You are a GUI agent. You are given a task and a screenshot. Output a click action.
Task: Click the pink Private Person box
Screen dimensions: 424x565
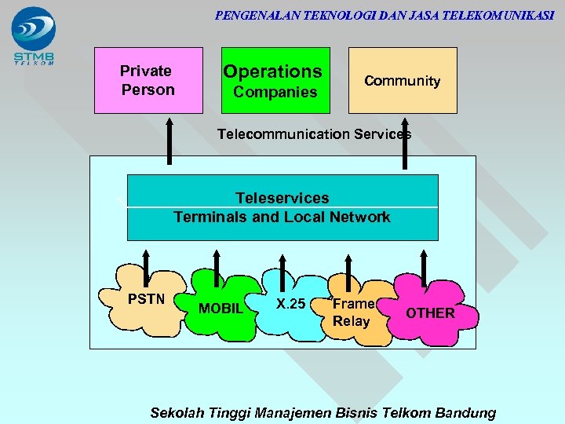(148, 80)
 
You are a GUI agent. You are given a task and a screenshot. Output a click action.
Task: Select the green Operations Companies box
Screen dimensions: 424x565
(272, 80)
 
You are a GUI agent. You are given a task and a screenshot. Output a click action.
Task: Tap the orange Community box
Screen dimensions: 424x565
(402, 80)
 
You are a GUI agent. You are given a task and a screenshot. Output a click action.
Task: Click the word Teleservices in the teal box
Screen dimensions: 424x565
(282, 198)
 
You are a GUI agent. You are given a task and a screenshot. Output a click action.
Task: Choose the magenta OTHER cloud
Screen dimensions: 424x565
(429, 313)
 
